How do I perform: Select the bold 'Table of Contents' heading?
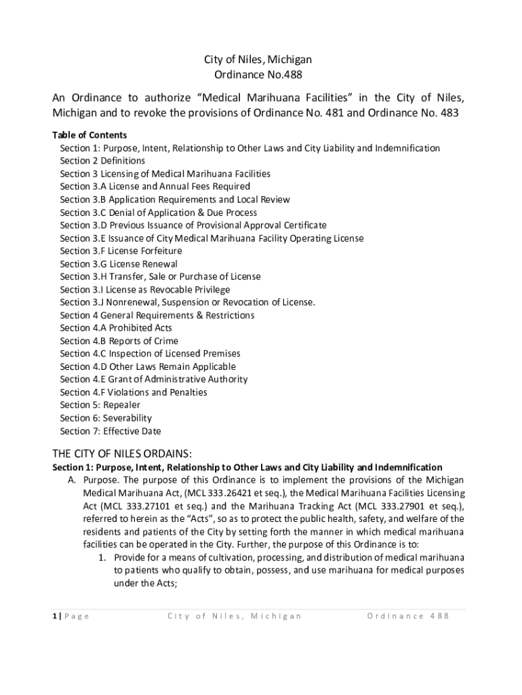pos(89,135)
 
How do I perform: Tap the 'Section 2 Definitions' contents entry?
pos(102,161)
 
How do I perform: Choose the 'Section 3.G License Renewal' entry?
pos(119,264)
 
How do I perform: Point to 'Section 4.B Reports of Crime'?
pos(119,341)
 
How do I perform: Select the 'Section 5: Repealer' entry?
pos(100,405)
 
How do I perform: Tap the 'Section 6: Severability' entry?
pos(106,418)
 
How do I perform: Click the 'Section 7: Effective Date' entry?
pos(111,431)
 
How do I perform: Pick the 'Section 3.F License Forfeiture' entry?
pos(121,251)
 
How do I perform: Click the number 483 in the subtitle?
pos(447,113)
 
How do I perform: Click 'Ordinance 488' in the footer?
pos(408,616)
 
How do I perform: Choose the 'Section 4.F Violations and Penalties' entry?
pos(134,392)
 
